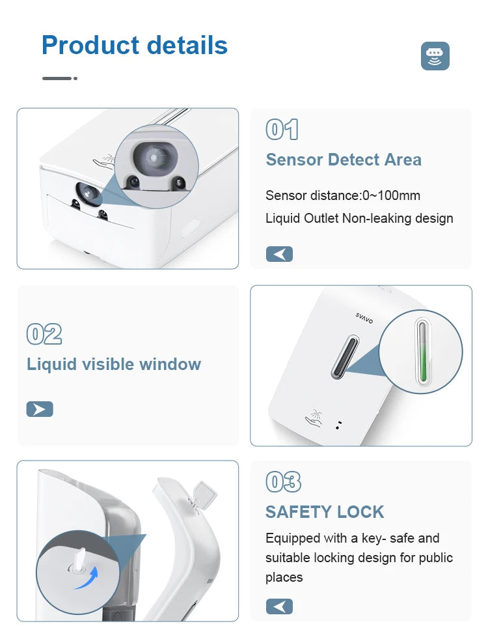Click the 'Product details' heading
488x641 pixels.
(x=134, y=45)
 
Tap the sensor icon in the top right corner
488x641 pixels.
(x=435, y=55)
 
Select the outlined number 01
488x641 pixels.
(x=282, y=130)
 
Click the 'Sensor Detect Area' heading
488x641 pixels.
(x=344, y=160)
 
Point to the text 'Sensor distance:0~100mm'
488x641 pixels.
(x=343, y=195)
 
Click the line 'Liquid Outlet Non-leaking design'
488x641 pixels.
(x=359, y=218)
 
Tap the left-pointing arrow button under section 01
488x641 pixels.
(x=279, y=254)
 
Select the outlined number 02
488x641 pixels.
(x=44, y=334)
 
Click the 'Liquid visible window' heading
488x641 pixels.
(x=114, y=364)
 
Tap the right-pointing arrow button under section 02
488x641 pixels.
(x=40, y=409)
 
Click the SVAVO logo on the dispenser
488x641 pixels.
(x=364, y=318)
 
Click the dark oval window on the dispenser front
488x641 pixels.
(x=345, y=356)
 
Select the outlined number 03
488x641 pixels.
(x=284, y=481)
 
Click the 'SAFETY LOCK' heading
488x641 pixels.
(x=325, y=512)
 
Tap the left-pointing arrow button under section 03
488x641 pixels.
(x=279, y=606)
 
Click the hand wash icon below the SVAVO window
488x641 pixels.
(x=314, y=418)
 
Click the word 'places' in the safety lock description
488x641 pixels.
(x=284, y=577)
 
